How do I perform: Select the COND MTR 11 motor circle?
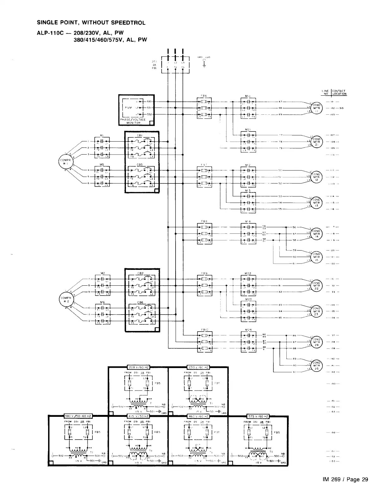[317, 108]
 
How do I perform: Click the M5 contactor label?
[102, 164]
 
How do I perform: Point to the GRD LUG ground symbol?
[204, 62]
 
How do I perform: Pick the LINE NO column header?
[326, 92]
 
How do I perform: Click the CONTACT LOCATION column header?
[339, 92]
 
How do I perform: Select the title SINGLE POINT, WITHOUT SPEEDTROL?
[91, 23]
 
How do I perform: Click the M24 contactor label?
[248, 330]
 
